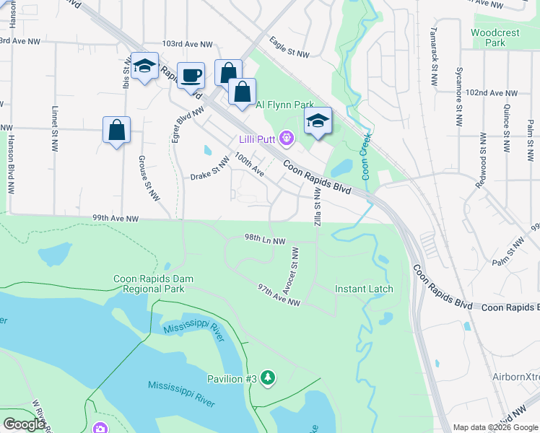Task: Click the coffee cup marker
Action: pyautogui.click(x=191, y=76)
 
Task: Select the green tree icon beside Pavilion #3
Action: pyautogui.click(x=268, y=377)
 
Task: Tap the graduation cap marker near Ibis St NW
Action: pyautogui.click(x=145, y=67)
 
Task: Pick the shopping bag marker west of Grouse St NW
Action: pyautogui.click(x=116, y=131)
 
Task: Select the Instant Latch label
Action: pyautogui.click(x=364, y=289)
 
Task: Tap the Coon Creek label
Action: pyautogui.click(x=366, y=156)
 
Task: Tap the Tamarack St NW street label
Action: pyautogui.click(x=434, y=51)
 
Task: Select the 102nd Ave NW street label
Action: pyautogui.click(x=492, y=93)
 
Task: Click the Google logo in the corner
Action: pyautogui.click(x=24, y=424)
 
